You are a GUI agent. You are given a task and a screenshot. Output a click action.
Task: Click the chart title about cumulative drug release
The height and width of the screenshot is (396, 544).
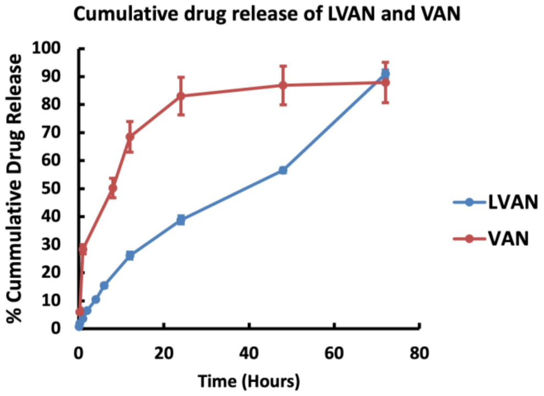267,15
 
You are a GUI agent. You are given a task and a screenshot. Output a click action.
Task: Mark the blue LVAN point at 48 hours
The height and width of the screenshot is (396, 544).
283,170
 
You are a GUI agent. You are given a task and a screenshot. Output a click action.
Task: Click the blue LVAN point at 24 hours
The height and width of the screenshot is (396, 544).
181,220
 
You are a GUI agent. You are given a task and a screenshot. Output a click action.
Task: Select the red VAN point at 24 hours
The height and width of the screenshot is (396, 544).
181,96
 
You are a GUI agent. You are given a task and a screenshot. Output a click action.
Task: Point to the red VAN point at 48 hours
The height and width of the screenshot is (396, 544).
283,85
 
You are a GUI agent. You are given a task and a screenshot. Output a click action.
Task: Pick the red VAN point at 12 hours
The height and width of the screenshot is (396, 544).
130,136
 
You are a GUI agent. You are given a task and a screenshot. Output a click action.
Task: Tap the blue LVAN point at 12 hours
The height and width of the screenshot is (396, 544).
130,255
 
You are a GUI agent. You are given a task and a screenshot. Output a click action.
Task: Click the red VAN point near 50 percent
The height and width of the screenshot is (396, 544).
113,188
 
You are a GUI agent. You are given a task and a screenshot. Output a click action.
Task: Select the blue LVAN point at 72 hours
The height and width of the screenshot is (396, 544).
385,73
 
